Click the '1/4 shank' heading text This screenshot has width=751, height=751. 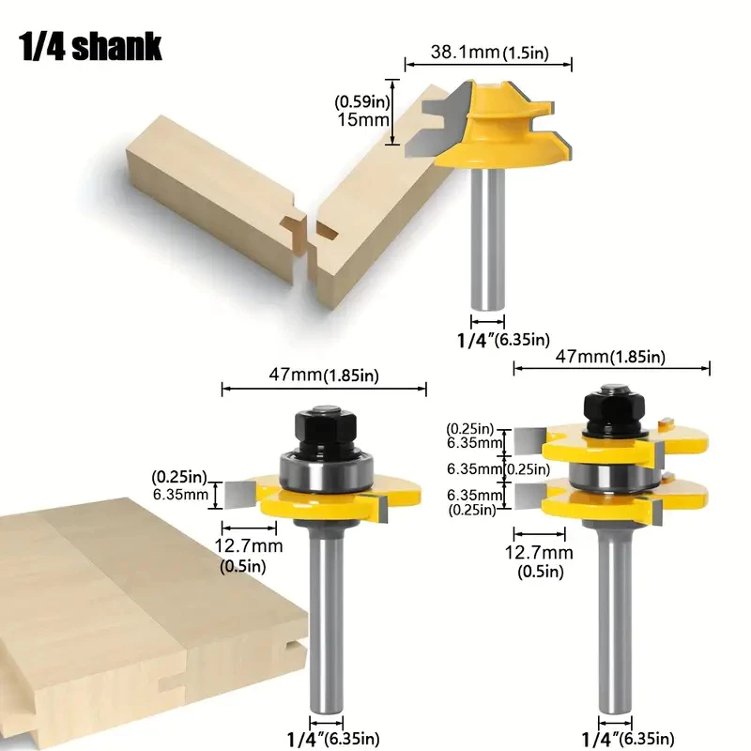pyautogui.click(x=90, y=47)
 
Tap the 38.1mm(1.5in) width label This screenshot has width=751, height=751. pyautogui.click(x=489, y=52)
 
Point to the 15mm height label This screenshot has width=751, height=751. pyautogui.click(x=363, y=119)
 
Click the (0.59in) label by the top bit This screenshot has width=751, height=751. pyautogui.click(x=362, y=101)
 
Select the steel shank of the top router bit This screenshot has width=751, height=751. pyautogui.click(x=487, y=238)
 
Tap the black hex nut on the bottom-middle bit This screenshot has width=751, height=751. pyautogui.click(x=325, y=430)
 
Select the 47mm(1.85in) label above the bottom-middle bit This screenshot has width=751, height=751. pyautogui.click(x=324, y=375)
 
